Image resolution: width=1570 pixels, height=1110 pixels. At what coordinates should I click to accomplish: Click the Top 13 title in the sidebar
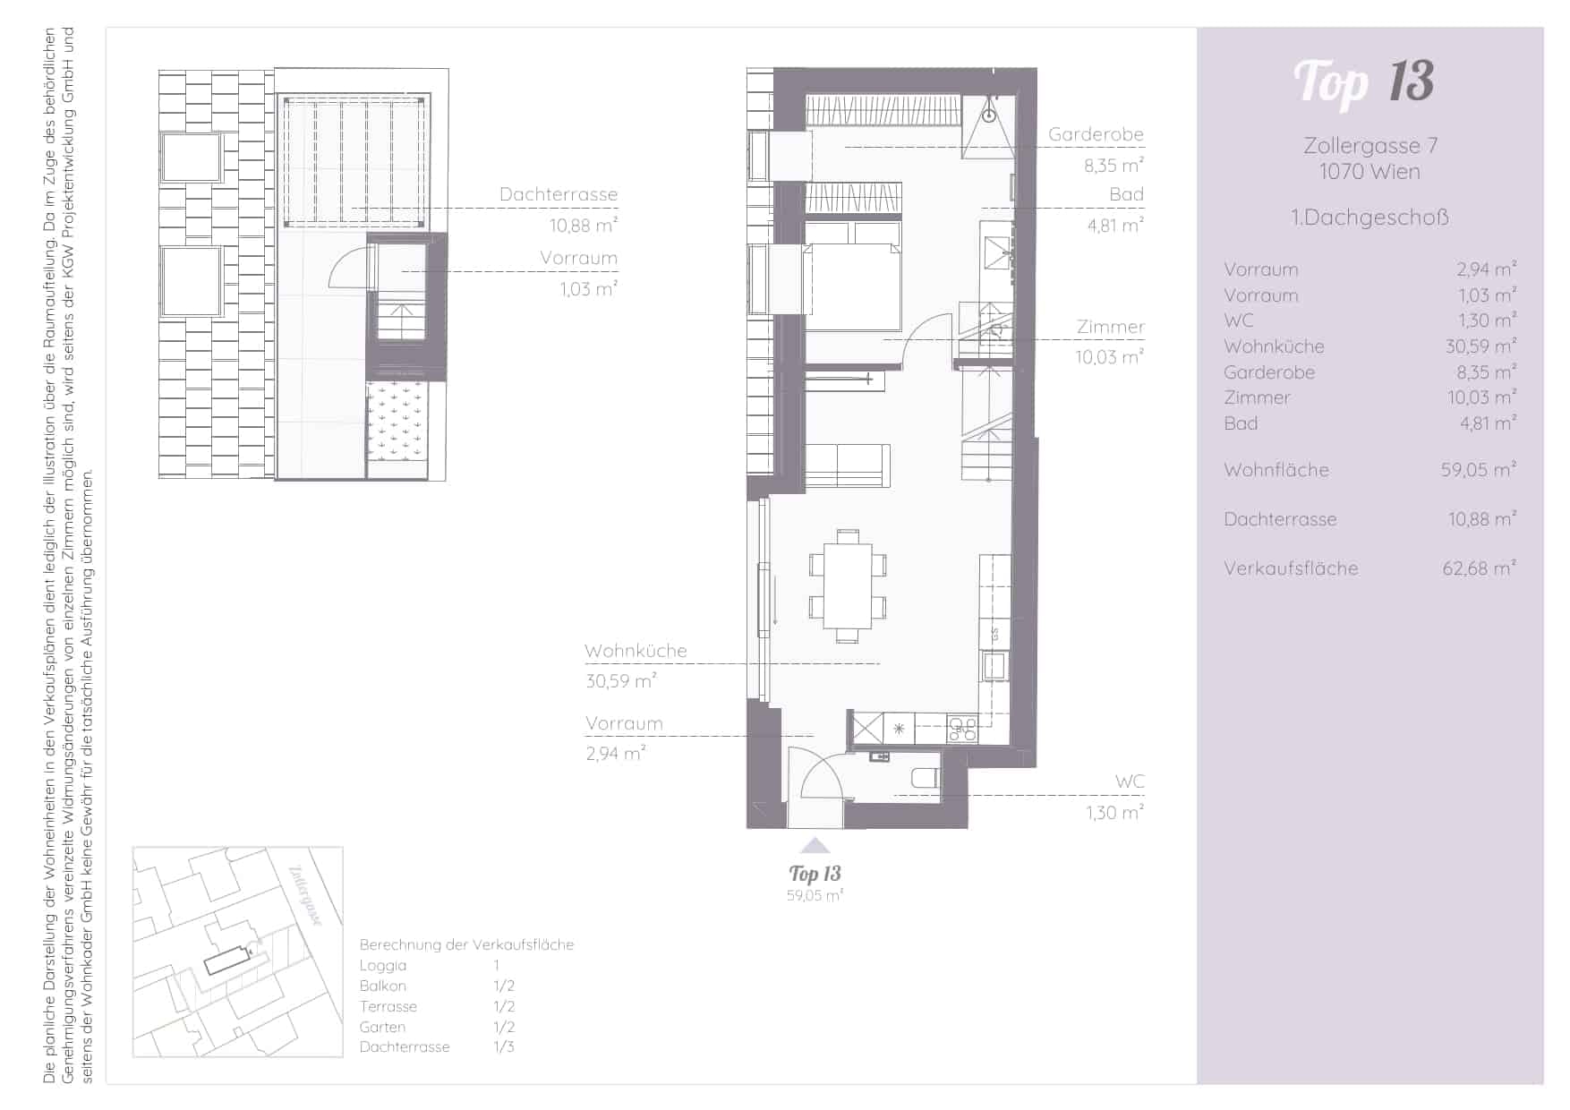click(x=1363, y=83)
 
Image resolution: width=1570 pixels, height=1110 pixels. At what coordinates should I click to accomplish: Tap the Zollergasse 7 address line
click(x=1369, y=146)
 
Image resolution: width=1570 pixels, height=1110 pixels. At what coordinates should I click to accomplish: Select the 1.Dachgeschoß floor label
click(x=1369, y=218)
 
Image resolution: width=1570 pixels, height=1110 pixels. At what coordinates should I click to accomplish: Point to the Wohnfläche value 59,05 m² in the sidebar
click(x=1478, y=469)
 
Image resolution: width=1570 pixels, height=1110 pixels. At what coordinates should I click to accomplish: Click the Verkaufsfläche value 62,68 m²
click(x=1479, y=568)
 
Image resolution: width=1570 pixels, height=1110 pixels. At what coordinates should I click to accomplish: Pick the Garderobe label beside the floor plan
click(x=1096, y=134)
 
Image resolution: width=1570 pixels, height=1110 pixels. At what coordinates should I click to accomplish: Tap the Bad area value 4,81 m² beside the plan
click(x=1115, y=225)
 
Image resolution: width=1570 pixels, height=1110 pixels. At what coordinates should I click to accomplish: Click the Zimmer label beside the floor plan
click(x=1110, y=327)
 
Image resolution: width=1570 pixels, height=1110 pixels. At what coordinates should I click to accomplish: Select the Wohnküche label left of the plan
click(x=636, y=651)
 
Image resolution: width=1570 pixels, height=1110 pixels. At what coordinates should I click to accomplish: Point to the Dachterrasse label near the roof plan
click(x=559, y=194)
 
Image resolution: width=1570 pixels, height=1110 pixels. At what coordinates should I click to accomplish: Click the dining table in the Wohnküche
click(x=848, y=586)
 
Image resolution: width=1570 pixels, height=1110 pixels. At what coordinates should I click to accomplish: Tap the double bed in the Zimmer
click(x=853, y=277)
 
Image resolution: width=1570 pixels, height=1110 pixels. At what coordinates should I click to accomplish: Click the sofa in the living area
click(x=847, y=465)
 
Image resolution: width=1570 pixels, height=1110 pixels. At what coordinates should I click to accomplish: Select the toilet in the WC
click(x=925, y=778)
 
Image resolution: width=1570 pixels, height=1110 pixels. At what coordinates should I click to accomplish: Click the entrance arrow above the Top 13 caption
click(x=814, y=845)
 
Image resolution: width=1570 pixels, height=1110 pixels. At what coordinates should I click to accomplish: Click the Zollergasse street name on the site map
click(x=306, y=896)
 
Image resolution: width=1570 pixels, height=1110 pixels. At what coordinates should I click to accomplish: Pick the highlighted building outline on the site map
click(x=229, y=961)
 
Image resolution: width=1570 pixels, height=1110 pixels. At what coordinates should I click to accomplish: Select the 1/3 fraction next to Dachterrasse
click(x=504, y=1046)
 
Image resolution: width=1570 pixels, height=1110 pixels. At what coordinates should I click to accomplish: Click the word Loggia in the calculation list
click(x=383, y=966)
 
